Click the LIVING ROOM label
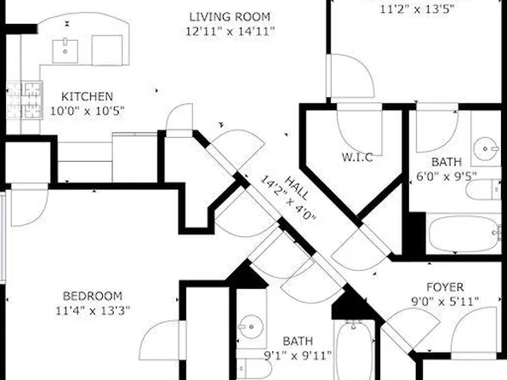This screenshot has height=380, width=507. pyautogui.click(x=229, y=16)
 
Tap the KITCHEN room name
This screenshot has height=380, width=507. pyautogui.click(x=86, y=97)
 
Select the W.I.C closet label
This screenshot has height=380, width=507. pyautogui.click(x=357, y=157)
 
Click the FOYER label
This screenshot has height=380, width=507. pyautogui.click(x=444, y=288)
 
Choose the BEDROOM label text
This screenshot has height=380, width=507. pyautogui.click(x=94, y=296)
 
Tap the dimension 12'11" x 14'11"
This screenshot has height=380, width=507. pyautogui.click(x=229, y=32)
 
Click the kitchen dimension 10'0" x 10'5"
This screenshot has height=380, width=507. pyautogui.click(x=86, y=111)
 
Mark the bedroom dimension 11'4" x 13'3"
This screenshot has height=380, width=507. pyautogui.click(x=94, y=310)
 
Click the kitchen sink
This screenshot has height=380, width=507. pyautogui.click(x=66, y=49)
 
